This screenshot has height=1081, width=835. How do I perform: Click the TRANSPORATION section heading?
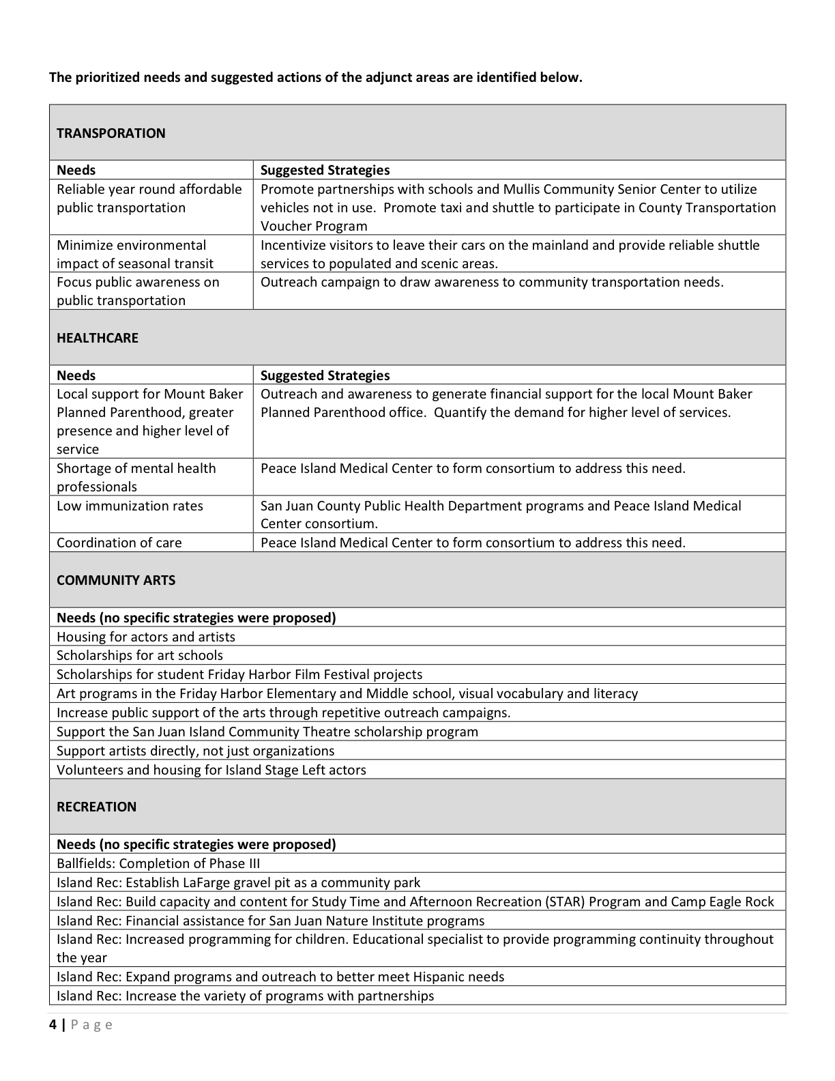[x=111, y=133]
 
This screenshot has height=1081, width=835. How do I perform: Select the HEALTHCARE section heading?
[x=98, y=338]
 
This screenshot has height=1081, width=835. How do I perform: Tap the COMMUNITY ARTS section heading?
[x=116, y=580]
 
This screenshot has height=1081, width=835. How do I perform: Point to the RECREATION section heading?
[x=96, y=807]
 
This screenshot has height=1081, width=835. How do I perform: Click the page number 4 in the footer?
[x=53, y=1024]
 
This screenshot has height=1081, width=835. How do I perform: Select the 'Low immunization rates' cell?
[x=130, y=506]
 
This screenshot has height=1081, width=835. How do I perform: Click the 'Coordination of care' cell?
[x=119, y=543]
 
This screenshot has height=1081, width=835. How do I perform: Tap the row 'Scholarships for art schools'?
[x=140, y=655]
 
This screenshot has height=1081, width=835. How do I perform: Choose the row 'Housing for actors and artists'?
[x=146, y=637]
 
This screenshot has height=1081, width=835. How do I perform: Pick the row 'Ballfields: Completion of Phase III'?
[x=158, y=863]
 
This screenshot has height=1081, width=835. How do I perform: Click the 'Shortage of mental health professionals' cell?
[x=136, y=477]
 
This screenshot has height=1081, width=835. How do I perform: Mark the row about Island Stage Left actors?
[x=211, y=770]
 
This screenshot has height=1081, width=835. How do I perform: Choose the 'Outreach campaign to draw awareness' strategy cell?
[x=492, y=283]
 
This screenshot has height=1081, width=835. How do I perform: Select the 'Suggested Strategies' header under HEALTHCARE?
[x=325, y=375]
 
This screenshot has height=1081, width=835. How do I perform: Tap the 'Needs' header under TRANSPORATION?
[x=76, y=170]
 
